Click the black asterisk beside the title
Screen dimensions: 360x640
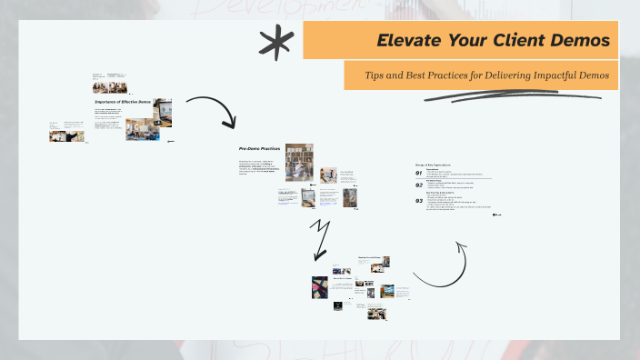tap(271, 41)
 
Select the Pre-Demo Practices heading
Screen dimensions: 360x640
tap(260, 148)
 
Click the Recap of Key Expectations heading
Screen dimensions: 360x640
tap(435, 165)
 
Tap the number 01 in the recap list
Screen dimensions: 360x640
tap(419, 173)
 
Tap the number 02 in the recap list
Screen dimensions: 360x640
tap(419, 185)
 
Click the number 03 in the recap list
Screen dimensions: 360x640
tap(419, 200)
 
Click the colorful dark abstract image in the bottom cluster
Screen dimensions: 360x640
tap(319, 288)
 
